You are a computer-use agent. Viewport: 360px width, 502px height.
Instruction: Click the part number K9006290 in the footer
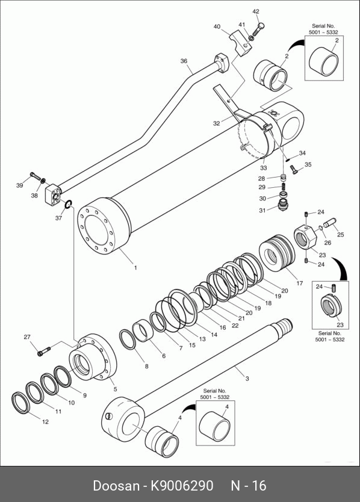182,485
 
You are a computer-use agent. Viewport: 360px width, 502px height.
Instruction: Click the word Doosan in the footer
117,485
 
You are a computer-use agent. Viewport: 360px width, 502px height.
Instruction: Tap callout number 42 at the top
256,11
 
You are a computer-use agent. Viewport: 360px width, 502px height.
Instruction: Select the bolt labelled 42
258,29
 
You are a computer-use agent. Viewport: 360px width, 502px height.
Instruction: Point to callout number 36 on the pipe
184,61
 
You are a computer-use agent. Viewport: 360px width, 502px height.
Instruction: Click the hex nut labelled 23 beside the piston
305,237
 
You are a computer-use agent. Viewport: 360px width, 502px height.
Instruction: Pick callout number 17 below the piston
299,283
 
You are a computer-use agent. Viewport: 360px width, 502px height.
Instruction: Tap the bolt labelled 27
44,351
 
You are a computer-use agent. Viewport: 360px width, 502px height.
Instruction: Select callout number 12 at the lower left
46,421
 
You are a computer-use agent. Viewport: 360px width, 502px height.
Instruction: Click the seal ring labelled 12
21,402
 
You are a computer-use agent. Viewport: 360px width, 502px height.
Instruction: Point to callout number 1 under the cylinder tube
135,268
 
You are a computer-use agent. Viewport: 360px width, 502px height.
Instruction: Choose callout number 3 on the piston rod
247,379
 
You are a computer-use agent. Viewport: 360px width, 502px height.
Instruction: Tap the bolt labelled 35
294,169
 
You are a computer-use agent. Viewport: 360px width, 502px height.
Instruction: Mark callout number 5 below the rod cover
116,389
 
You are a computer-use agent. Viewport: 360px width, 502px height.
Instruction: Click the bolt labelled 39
36,176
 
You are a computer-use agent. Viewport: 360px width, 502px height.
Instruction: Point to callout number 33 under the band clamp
263,168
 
